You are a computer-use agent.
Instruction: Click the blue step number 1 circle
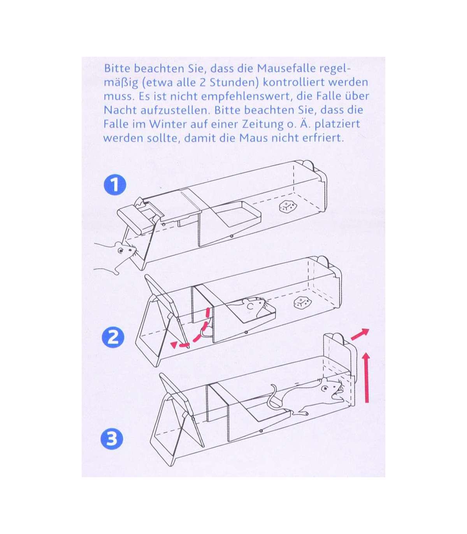coord(115,185)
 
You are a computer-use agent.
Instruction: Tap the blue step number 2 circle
coord(113,337)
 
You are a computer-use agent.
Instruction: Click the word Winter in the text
coord(168,124)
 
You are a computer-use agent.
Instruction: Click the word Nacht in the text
coord(120,110)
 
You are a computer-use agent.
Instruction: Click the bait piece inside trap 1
coord(288,207)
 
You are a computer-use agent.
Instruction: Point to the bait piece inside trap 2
coord(302,302)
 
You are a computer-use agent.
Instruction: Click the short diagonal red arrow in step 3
coord(360,335)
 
